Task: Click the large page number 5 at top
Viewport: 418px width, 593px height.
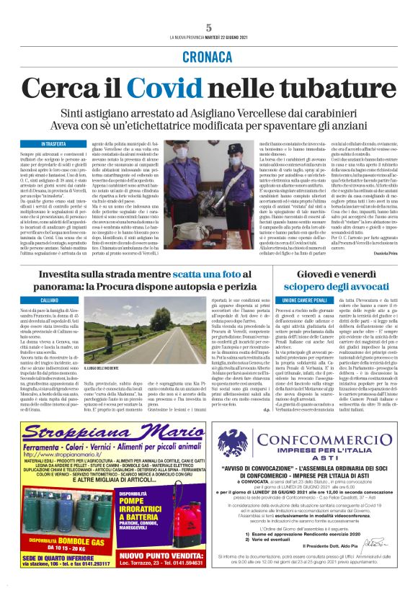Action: [208, 27]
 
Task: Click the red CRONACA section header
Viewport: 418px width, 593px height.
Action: [208, 61]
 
